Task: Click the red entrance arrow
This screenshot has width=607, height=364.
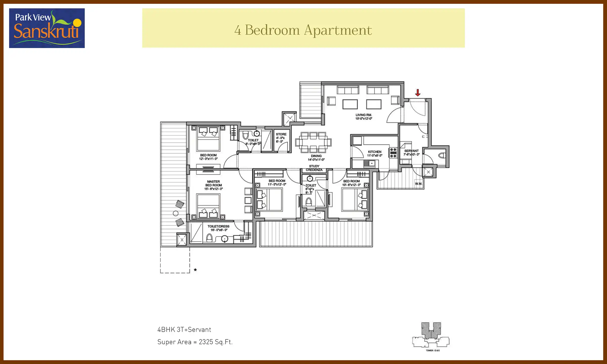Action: pos(418,93)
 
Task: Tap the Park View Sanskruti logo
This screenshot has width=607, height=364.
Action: pos(47,28)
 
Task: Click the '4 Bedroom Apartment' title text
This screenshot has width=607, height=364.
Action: pos(303,30)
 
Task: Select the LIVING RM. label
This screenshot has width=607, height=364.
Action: pos(364,117)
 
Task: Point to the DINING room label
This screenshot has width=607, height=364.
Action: pos(316,158)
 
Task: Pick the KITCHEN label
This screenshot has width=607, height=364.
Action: pos(375,153)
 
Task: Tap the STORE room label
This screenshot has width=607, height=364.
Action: pos(281,138)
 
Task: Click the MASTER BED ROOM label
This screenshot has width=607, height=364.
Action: pos(213,185)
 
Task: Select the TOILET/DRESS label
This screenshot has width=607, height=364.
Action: pos(219,228)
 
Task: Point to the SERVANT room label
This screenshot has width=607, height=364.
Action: pos(411,152)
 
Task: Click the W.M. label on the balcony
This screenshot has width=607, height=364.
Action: pos(419,184)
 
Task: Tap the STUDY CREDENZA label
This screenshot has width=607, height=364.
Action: pos(314,168)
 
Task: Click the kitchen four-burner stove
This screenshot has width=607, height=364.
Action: pos(393,153)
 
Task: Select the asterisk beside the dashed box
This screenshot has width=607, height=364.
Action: pos(195,270)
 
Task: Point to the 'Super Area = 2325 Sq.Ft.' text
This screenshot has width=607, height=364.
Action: pos(195,342)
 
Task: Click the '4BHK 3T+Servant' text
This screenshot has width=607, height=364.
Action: pos(184,330)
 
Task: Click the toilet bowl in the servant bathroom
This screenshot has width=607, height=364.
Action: pos(442,155)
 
